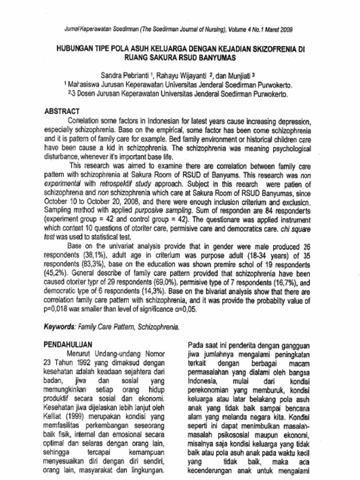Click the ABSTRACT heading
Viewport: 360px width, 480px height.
point(61,112)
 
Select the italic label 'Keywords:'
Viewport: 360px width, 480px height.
point(60,326)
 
